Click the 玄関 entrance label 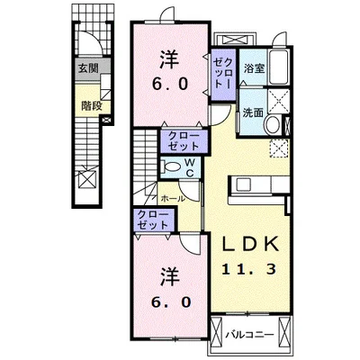(88, 68)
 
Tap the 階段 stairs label (92, 105)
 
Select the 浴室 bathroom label (254, 68)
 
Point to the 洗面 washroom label (253, 112)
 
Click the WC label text (189, 167)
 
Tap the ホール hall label (173, 198)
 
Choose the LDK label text (250, 244)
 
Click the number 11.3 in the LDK (248, 269)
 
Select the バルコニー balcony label (250, 334)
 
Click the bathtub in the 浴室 (279, 67)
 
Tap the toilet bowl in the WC (171, 166)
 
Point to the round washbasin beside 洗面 (273, 125)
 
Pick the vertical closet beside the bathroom (223, 74)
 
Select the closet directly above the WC (184, 141)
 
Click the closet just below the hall (154, 220)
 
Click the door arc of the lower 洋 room (190, 244)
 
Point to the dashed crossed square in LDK (279, 148)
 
